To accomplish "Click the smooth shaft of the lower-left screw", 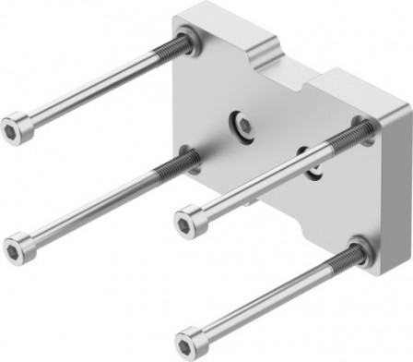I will tap(92, 208).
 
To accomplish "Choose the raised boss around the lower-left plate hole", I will tap(189, 159).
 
